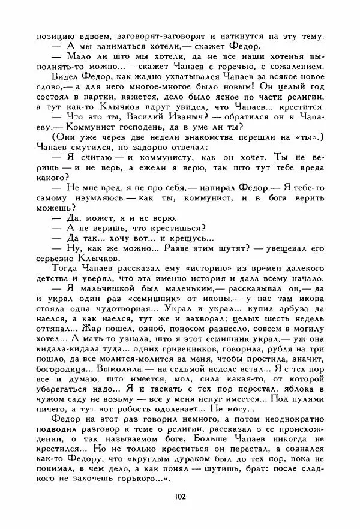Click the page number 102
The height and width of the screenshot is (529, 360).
(179, 495)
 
